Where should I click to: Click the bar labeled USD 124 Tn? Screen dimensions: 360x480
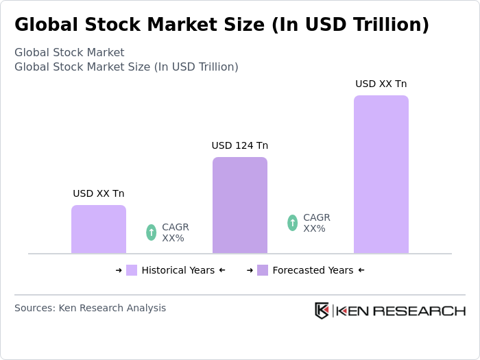point(239,205)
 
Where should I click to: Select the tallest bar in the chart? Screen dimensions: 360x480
point(381,174)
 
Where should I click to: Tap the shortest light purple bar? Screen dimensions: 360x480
point(99,229)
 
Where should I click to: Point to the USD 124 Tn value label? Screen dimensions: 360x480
point(239,145)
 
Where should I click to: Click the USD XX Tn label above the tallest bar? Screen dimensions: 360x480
point(381,84)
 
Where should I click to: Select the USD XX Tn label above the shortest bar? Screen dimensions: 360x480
point(99,193)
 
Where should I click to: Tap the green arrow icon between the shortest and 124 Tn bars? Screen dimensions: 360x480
point(151,232)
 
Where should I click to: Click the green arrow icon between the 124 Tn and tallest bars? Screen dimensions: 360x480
point(292,223)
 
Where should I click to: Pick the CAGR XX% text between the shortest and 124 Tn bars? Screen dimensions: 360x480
point(175,232)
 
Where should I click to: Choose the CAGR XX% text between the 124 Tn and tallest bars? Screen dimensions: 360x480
point(316,223)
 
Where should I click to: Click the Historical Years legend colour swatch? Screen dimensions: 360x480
point(132,270)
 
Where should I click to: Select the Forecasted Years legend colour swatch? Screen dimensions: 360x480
point(263,270)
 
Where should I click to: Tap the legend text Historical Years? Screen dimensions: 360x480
point(178,270)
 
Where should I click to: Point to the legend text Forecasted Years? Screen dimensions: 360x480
point(313,270)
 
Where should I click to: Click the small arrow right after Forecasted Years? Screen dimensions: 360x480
point(361,270)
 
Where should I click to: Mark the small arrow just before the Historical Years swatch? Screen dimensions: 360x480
point(119,270)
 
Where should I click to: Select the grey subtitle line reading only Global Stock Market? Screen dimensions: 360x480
point(69,53)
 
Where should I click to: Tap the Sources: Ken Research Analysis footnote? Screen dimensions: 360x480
point(90,308)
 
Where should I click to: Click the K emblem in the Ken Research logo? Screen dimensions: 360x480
point(322,311)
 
